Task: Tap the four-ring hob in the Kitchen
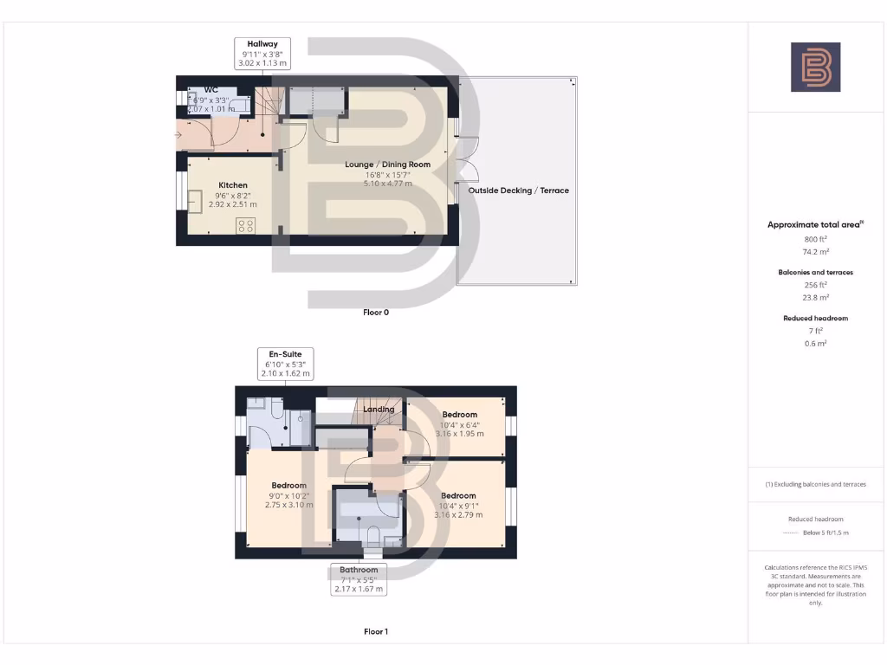point(245,226)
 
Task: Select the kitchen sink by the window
point(195,200)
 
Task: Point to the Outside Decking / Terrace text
point(518,190)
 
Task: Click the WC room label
point(211,90)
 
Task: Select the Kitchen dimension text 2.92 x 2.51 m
point(233,203)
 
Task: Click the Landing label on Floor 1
point(379,410)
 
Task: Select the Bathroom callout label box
point(359,579)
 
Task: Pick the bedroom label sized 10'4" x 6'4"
point(459,415)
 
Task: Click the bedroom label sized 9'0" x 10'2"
point(288,486)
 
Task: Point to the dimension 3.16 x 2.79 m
point(459,514)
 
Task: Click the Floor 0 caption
point(375,313)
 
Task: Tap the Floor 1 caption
point(375,632)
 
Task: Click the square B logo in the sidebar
point(815,68)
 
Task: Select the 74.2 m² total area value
point(814,251)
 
